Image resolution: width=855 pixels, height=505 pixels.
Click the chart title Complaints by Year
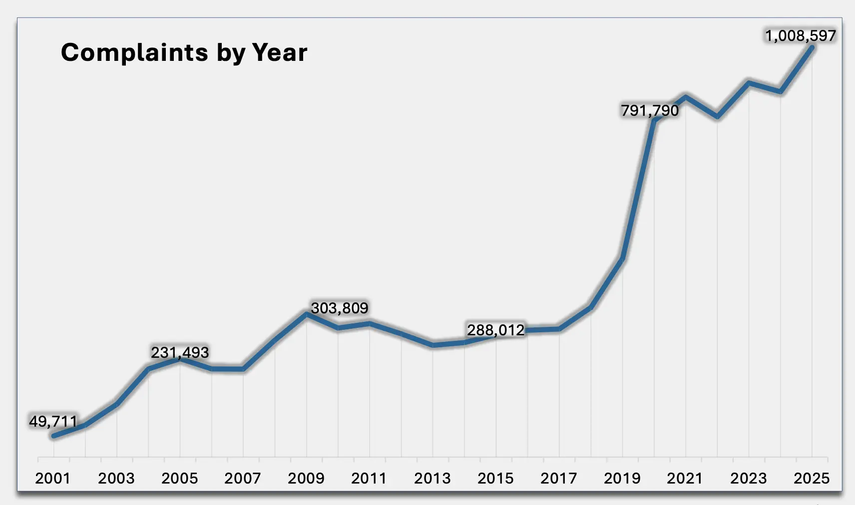[x=184, y=52]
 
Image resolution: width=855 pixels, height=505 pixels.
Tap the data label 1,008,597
[x=800, y=36]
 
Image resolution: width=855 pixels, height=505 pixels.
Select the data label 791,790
[x=650, y=110]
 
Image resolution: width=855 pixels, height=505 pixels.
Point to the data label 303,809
[x=340, y=308]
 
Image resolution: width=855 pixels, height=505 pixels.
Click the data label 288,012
[x=495, y=330]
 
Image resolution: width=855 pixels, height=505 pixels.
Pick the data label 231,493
[x=180, y=352]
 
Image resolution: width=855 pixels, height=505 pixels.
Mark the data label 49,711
[x=53, y=421]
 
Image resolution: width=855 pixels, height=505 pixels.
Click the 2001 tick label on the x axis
[x=53, y=478]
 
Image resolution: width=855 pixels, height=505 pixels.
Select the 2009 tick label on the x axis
[x=306, y=478]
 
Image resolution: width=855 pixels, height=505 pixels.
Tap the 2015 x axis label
[x=495, y=478]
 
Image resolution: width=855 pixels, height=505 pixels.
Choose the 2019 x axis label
[x=622, y=478]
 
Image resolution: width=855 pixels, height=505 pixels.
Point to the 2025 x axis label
[x=812, y=478]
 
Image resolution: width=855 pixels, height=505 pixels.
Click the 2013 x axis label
[x=432, y=478]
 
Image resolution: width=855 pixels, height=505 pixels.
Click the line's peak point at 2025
[x=812, y=48]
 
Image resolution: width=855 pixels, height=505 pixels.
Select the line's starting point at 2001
[x=54, y=436]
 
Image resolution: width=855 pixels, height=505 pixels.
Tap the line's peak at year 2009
[x=306, y=313]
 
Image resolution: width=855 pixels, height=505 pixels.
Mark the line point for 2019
[x=622, y=258]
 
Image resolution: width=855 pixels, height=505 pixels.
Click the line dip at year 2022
[x=717, y=117]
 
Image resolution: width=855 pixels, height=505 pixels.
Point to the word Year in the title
[x=279, y=52]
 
